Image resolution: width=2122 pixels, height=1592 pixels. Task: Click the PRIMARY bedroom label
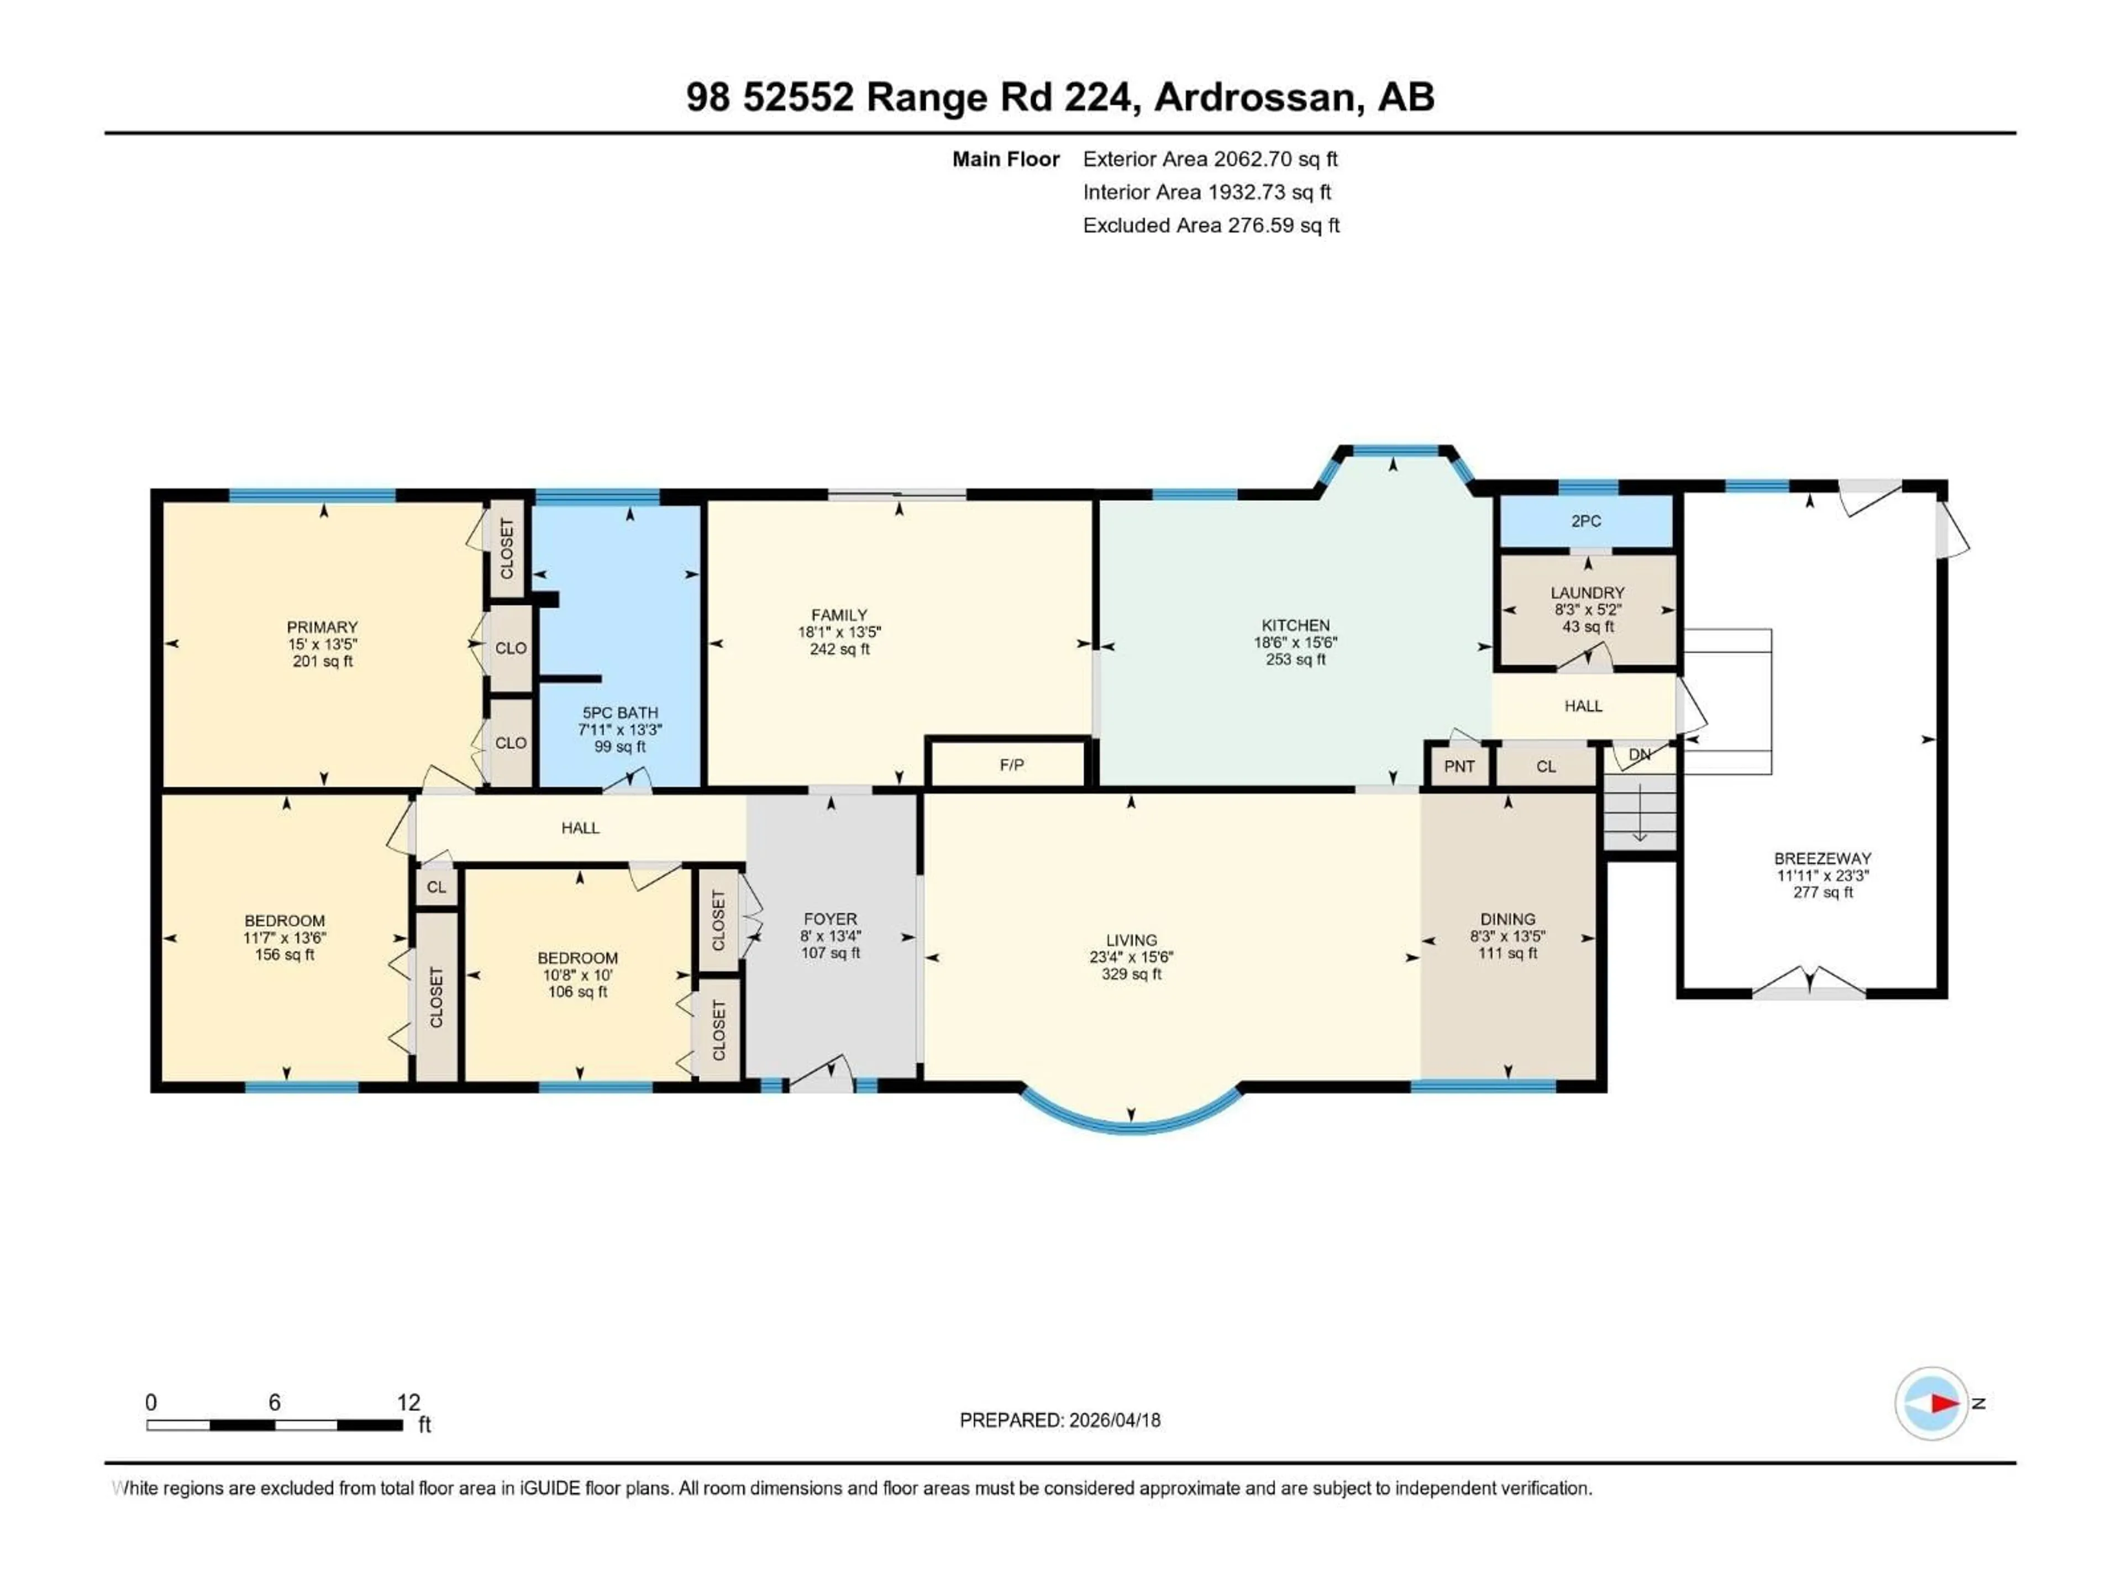[x=322, y=627]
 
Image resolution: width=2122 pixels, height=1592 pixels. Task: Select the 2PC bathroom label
[x=1586, y=521]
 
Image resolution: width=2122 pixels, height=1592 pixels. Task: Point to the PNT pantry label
[x=1459, y=766]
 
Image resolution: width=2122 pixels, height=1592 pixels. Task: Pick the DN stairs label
[x=1640, y=754]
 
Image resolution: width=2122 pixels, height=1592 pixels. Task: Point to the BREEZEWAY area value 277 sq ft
[x=1822, y=892]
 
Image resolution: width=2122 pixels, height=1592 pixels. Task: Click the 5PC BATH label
[x=619, y=713]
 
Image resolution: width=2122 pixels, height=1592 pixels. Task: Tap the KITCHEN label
[x=1295, y=626]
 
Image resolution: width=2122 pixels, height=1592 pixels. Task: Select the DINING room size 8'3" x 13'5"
[x=1507, y=936]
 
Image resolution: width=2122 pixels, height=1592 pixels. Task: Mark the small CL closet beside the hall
[x=437, y=887]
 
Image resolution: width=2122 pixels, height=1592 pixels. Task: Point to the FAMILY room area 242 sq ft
[x=839, y=650]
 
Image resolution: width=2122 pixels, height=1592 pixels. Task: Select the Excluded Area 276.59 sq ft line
[x=1211, y=226]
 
